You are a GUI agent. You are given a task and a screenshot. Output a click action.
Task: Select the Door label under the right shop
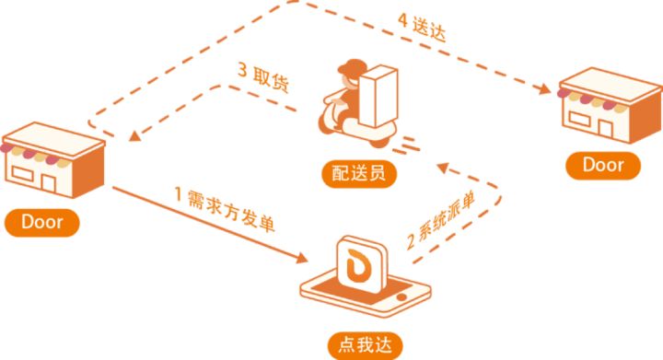[x=603, y=166]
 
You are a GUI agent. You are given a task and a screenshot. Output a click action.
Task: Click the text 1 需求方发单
[x=226, y=211]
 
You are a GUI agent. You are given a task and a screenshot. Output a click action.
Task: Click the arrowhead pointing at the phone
[x=302, y=260]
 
